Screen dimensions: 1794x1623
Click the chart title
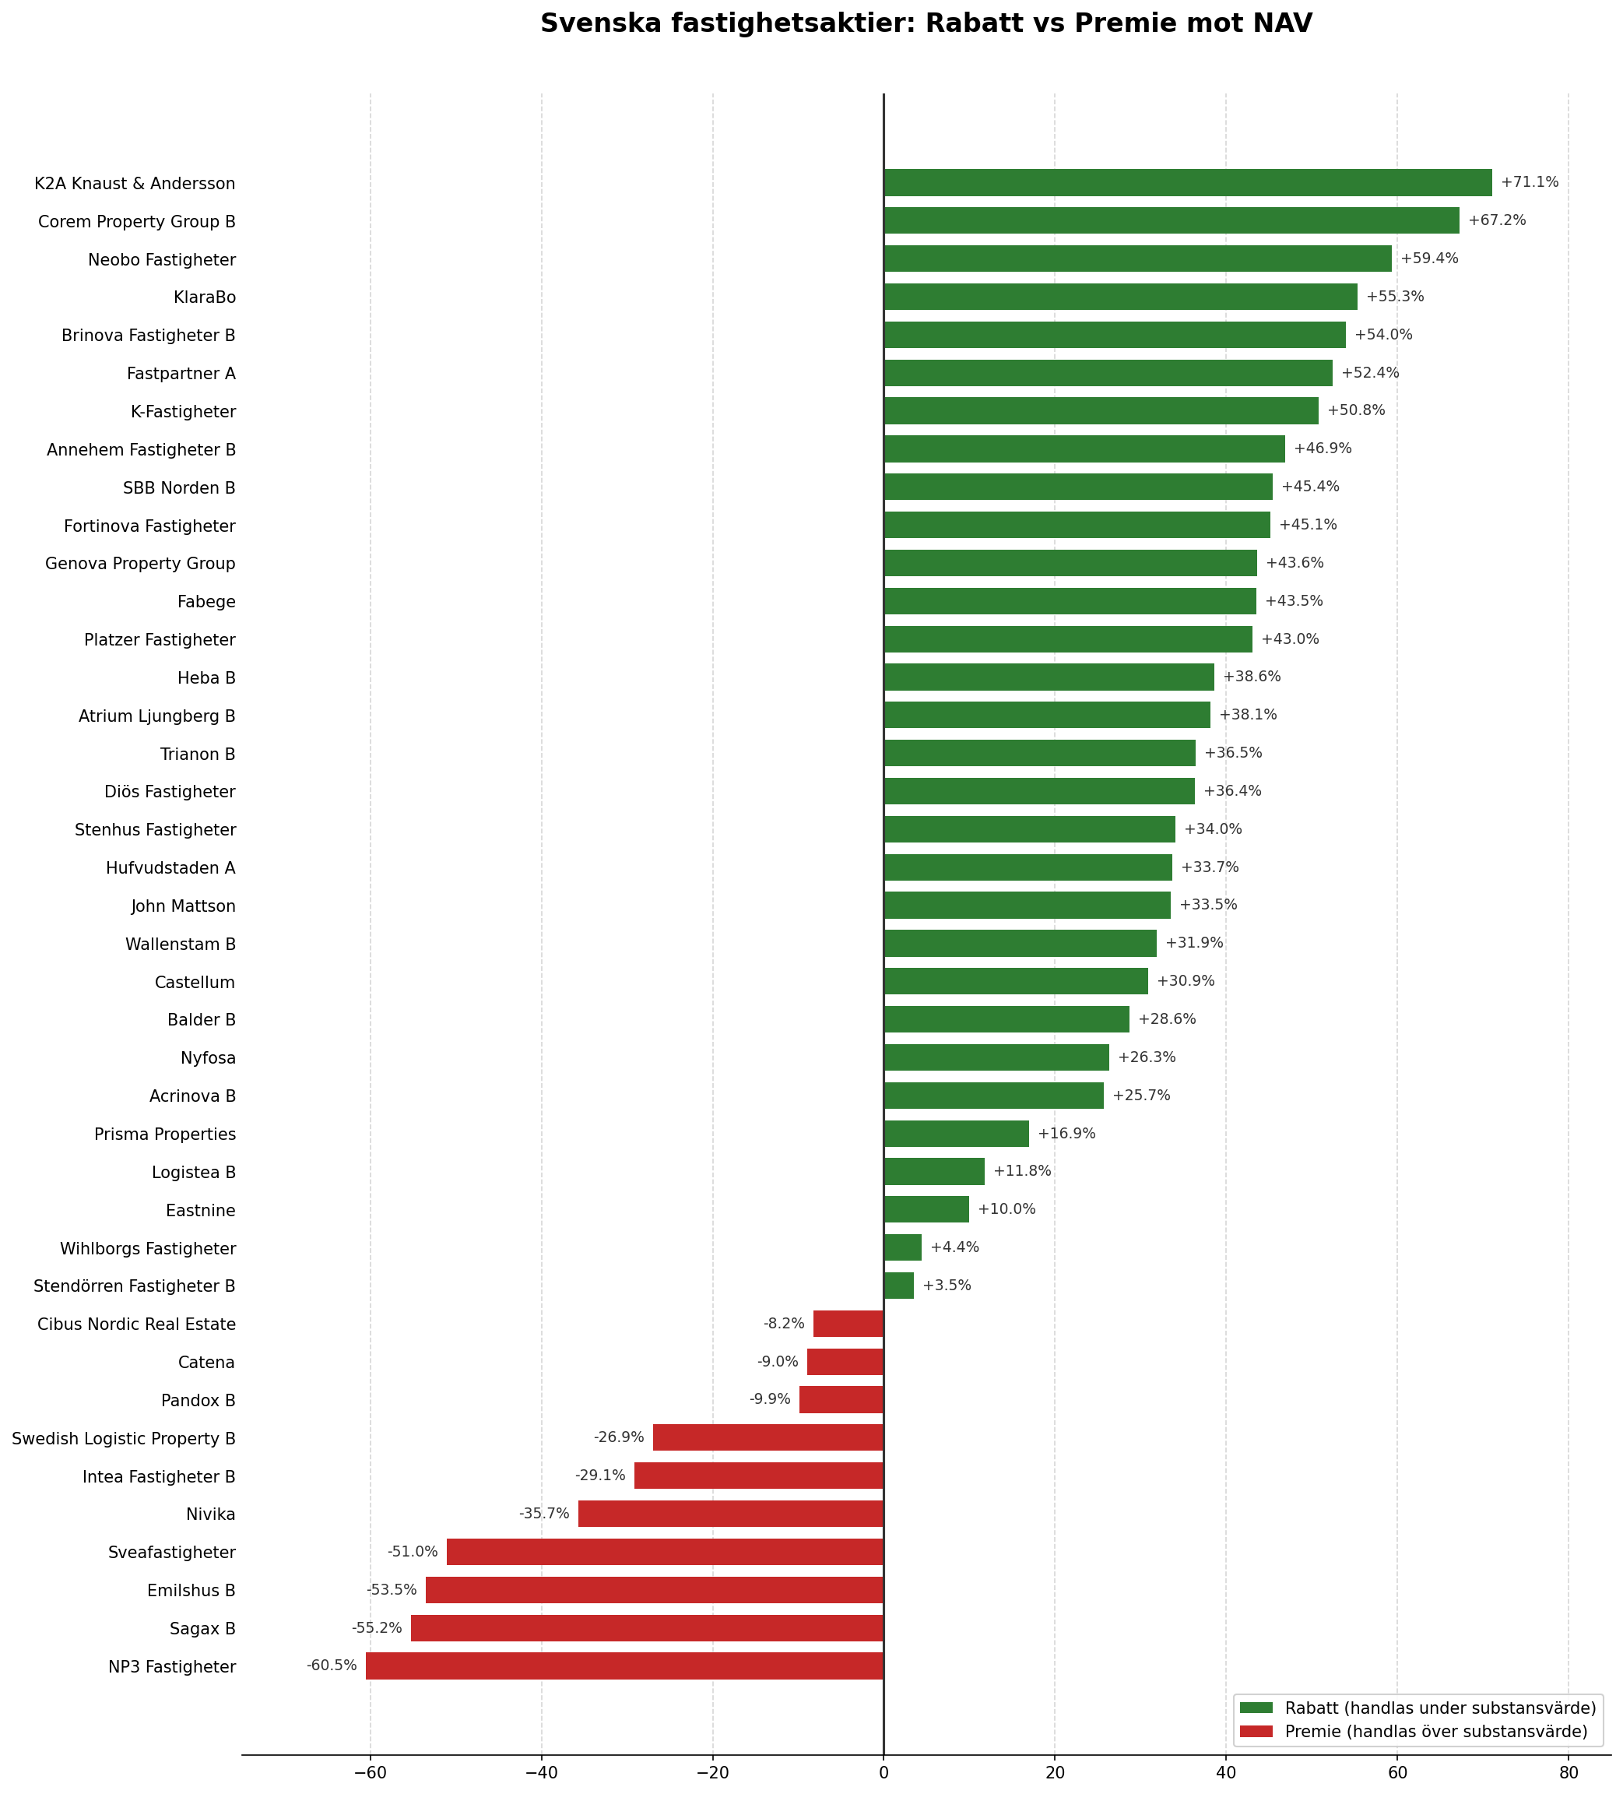pos(926,24)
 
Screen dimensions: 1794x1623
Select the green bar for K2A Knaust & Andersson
pos(1187,182)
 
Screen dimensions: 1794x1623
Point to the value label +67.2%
pos(1497,220)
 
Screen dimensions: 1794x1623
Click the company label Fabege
pos(206,603)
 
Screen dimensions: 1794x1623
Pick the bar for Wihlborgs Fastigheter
pos(902,1247)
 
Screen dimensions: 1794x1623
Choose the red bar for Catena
pos(845,1363)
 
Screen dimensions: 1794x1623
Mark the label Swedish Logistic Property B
pos(124,1439)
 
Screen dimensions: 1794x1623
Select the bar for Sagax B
pos(647,1628)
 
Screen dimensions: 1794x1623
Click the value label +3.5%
pos(947,1286)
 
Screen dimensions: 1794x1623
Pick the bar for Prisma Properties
pos(956,1134)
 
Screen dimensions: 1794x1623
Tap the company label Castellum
pos(194,983)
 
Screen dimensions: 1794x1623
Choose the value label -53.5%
pos(392,1590)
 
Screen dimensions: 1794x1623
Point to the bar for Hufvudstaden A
pos(1028,867)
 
